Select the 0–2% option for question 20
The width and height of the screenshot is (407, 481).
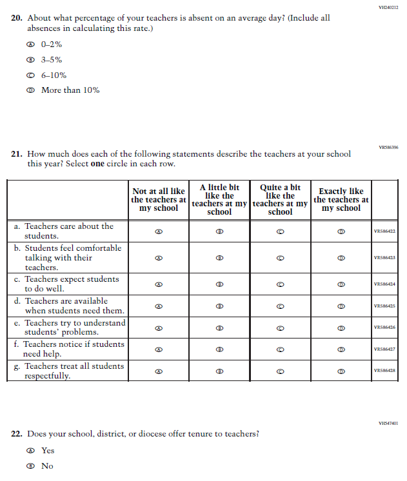coord(30,45)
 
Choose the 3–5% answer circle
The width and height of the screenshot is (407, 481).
coord(30,60)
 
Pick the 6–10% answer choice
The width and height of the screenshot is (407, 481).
coord(30,75)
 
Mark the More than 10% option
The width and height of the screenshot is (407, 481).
coord(30,90)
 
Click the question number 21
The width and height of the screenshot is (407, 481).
coord(17,154)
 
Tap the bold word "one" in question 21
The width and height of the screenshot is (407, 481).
coord(97,164)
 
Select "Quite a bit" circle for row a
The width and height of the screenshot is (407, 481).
coord(281,231)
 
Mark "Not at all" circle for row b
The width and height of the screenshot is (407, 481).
coord(159,258)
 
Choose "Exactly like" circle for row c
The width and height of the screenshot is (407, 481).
coord(341,284)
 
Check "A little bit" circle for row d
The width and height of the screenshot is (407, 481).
coord(219,306)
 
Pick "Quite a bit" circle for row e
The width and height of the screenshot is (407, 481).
coord(281,328)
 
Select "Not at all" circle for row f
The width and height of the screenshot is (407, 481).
coord(159,349)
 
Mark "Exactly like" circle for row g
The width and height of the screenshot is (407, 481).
coord(341,371)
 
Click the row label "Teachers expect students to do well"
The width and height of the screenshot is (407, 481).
coord(71,284)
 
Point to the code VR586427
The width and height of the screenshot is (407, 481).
coord(384,349)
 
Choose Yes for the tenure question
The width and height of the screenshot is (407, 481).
coord(30,451)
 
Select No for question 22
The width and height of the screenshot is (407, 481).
coord(30,466)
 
